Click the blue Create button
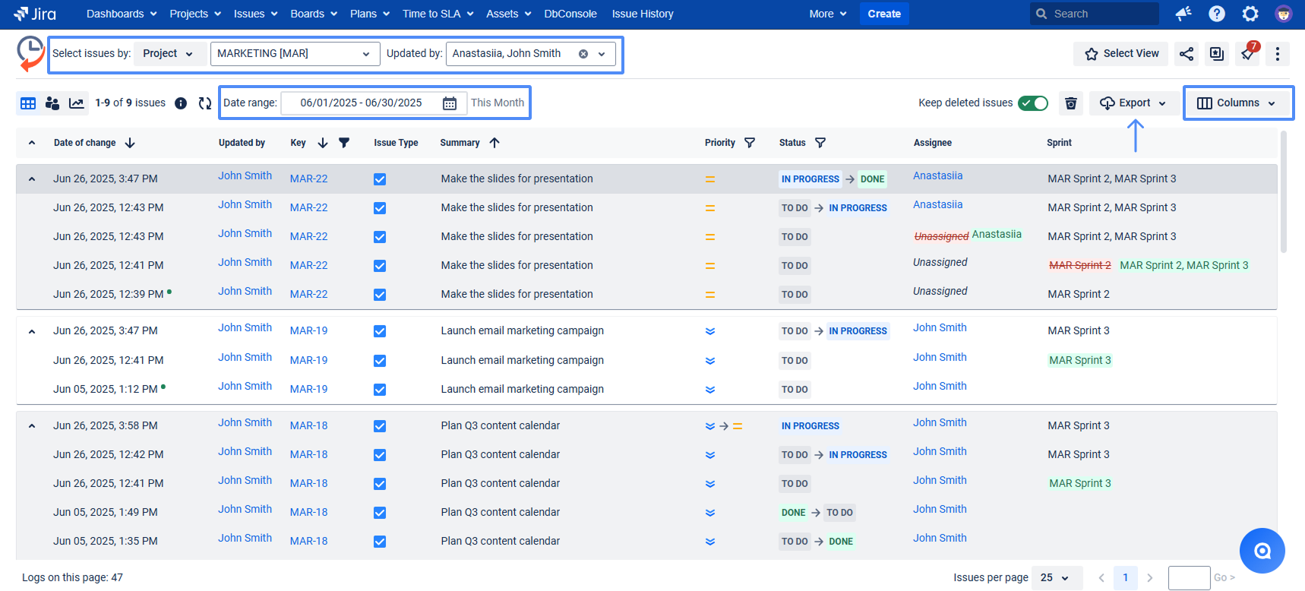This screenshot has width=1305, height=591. tap(884, 14)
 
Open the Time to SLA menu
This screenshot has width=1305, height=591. tap(438, 14)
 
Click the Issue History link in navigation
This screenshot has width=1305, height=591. tap(643, 14)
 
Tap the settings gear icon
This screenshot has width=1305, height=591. tap(1250, 14)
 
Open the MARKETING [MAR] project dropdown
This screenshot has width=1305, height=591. tap(295, 53)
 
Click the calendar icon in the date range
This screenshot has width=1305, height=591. tap(450, 103)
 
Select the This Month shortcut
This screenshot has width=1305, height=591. tap(498, 103)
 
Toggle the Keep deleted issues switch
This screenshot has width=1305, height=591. tap(1033, 103)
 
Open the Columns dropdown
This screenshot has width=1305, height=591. tap(1238, 103)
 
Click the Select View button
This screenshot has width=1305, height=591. tap(1121, 53)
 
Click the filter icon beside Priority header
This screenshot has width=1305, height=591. tap(750, 143)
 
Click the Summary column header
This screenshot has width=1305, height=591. tap(460, 143)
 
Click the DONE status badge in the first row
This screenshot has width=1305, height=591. tap(872, 179)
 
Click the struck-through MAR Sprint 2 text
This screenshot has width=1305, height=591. tap(1079, 265)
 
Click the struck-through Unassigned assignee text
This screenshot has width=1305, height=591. tap(941, 236)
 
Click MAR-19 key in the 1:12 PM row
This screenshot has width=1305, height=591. tap(308, 389)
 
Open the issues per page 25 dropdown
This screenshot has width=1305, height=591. tap(1054, 578)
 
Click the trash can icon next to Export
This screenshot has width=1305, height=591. tap(1071, 103)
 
